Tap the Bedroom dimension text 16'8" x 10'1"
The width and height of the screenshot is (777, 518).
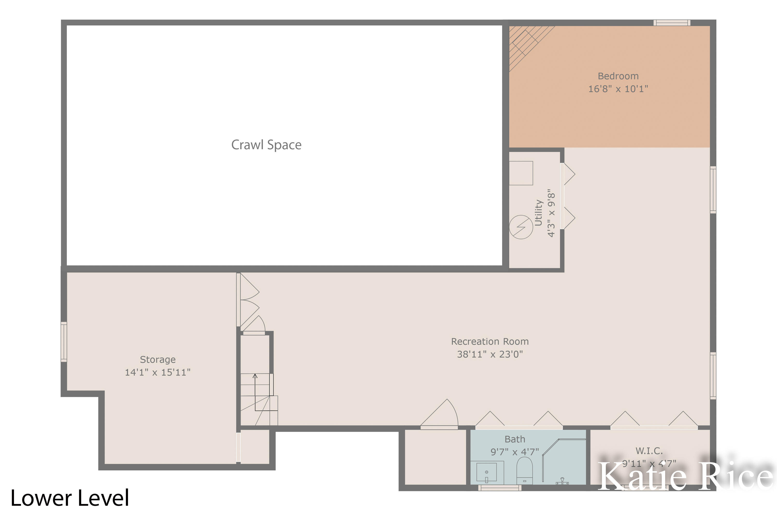pyautogui.click(x=617, y=89)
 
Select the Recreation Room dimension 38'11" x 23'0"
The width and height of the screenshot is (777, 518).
pyautogui.click(x=490, y=354)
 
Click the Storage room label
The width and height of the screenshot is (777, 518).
pyautogui.click(x=157, y=359)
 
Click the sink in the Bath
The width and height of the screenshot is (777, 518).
pyautogui.click(x=486, y=472)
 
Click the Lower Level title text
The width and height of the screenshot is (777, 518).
pyautogui.click(x=70, y=498)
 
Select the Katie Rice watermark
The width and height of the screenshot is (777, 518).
pyautogui.click(x=685, y=476)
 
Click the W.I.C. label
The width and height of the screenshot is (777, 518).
pyautogui.click(x=649, y=451)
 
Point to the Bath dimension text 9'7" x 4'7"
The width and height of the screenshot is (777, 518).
pyautogui.click(x=514, y=452)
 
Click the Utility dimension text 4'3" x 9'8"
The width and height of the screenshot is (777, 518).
pyautogui.click(x=551, y=213)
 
